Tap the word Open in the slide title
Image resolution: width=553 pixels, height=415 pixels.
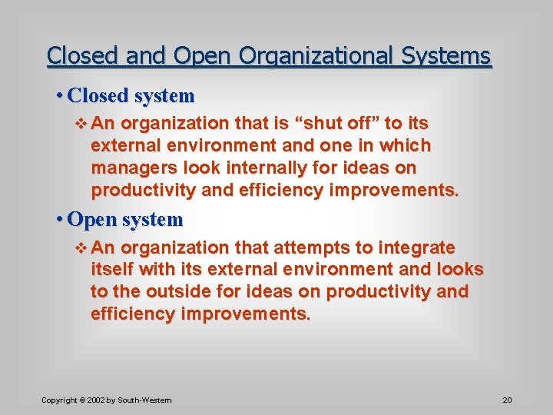point(202,57)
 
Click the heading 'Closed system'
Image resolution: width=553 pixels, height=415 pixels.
point(131,96)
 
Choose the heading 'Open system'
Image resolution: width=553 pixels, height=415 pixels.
point(125,220)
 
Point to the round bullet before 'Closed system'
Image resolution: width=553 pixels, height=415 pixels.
point(59,96)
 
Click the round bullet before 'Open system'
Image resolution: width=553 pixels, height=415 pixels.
point(59,220)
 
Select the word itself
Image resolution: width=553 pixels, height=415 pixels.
point(111,270)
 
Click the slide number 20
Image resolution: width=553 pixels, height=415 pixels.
point(507,400)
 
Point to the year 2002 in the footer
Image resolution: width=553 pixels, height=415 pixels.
point(96,400)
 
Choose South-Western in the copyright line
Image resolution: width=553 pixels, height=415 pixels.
point(145,400)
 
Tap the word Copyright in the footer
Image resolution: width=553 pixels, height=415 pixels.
point(59,400)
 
